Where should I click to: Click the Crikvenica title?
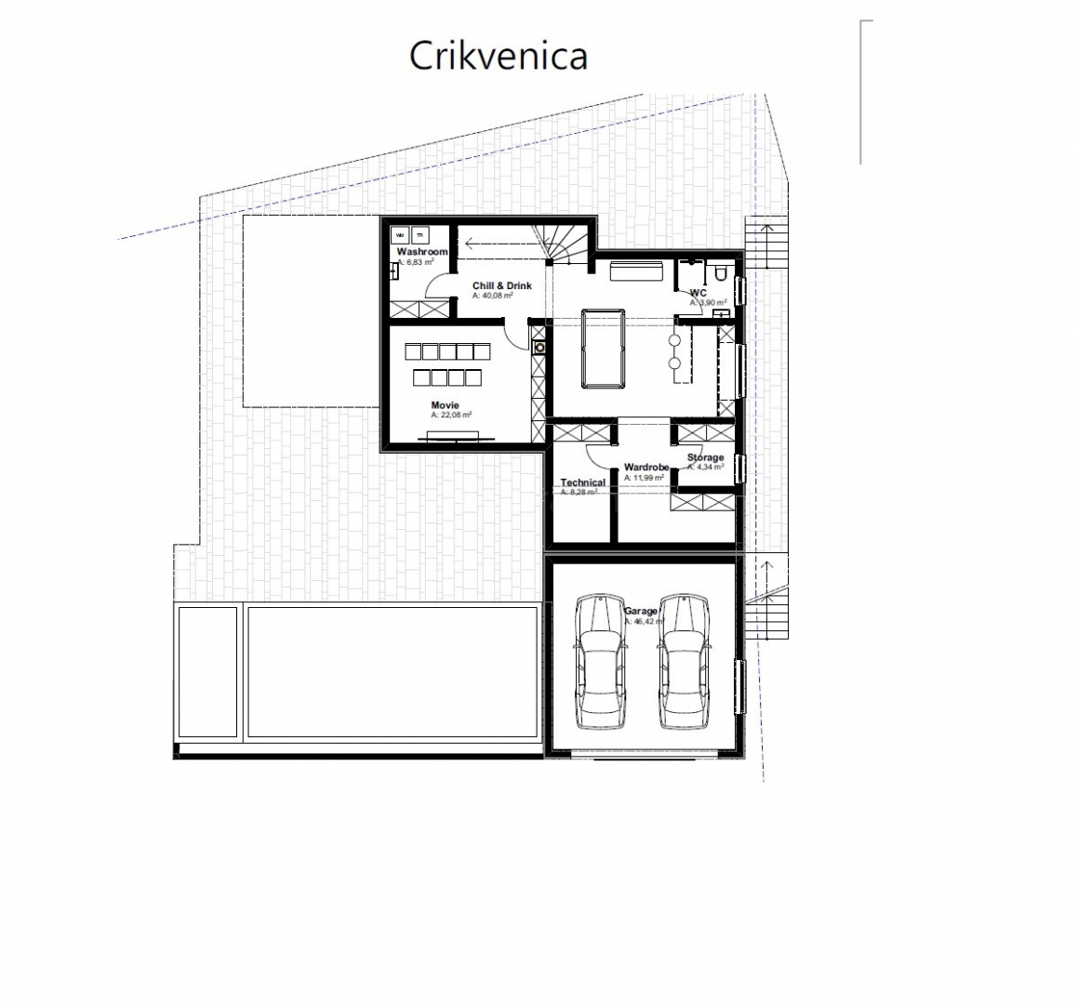click(498, 56)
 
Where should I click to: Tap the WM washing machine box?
click(401, 236)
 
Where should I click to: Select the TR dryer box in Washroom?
click(419, 236)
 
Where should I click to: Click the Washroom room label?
click(422, 252)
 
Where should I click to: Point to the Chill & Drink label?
click(501, 285)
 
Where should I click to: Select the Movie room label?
click(445, 405)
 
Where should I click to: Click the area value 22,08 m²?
click(451, 416)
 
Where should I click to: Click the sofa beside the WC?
click(635, 270)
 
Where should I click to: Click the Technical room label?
click(583, 482)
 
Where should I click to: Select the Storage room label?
click(705, 457)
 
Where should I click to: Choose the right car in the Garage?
click(684, 662)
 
